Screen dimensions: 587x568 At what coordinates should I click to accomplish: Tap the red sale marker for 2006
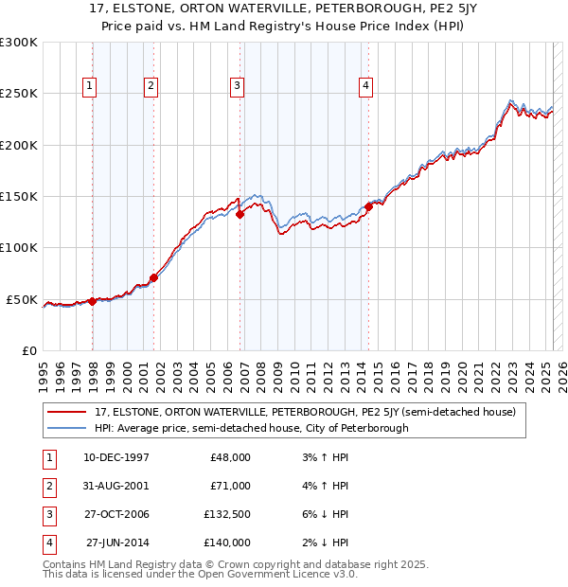click(x=240, y=214)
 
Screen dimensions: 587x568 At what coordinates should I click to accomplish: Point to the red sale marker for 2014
click(x=368, y=206)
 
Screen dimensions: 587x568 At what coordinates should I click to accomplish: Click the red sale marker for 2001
click(x=153, y=277)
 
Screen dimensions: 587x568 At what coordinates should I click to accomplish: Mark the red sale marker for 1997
click(x=92, y=301)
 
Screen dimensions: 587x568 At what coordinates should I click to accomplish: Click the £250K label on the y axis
click(x=19, y=94)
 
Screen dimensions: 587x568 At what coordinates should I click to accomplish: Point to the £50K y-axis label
click(x=23, y=299)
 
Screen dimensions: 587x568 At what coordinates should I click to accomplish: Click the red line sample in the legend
click(x=67, y=412)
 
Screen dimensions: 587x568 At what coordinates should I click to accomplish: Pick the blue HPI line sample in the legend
click(x=67, y=428)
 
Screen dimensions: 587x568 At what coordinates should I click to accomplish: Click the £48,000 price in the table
click(x=228, y=457)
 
